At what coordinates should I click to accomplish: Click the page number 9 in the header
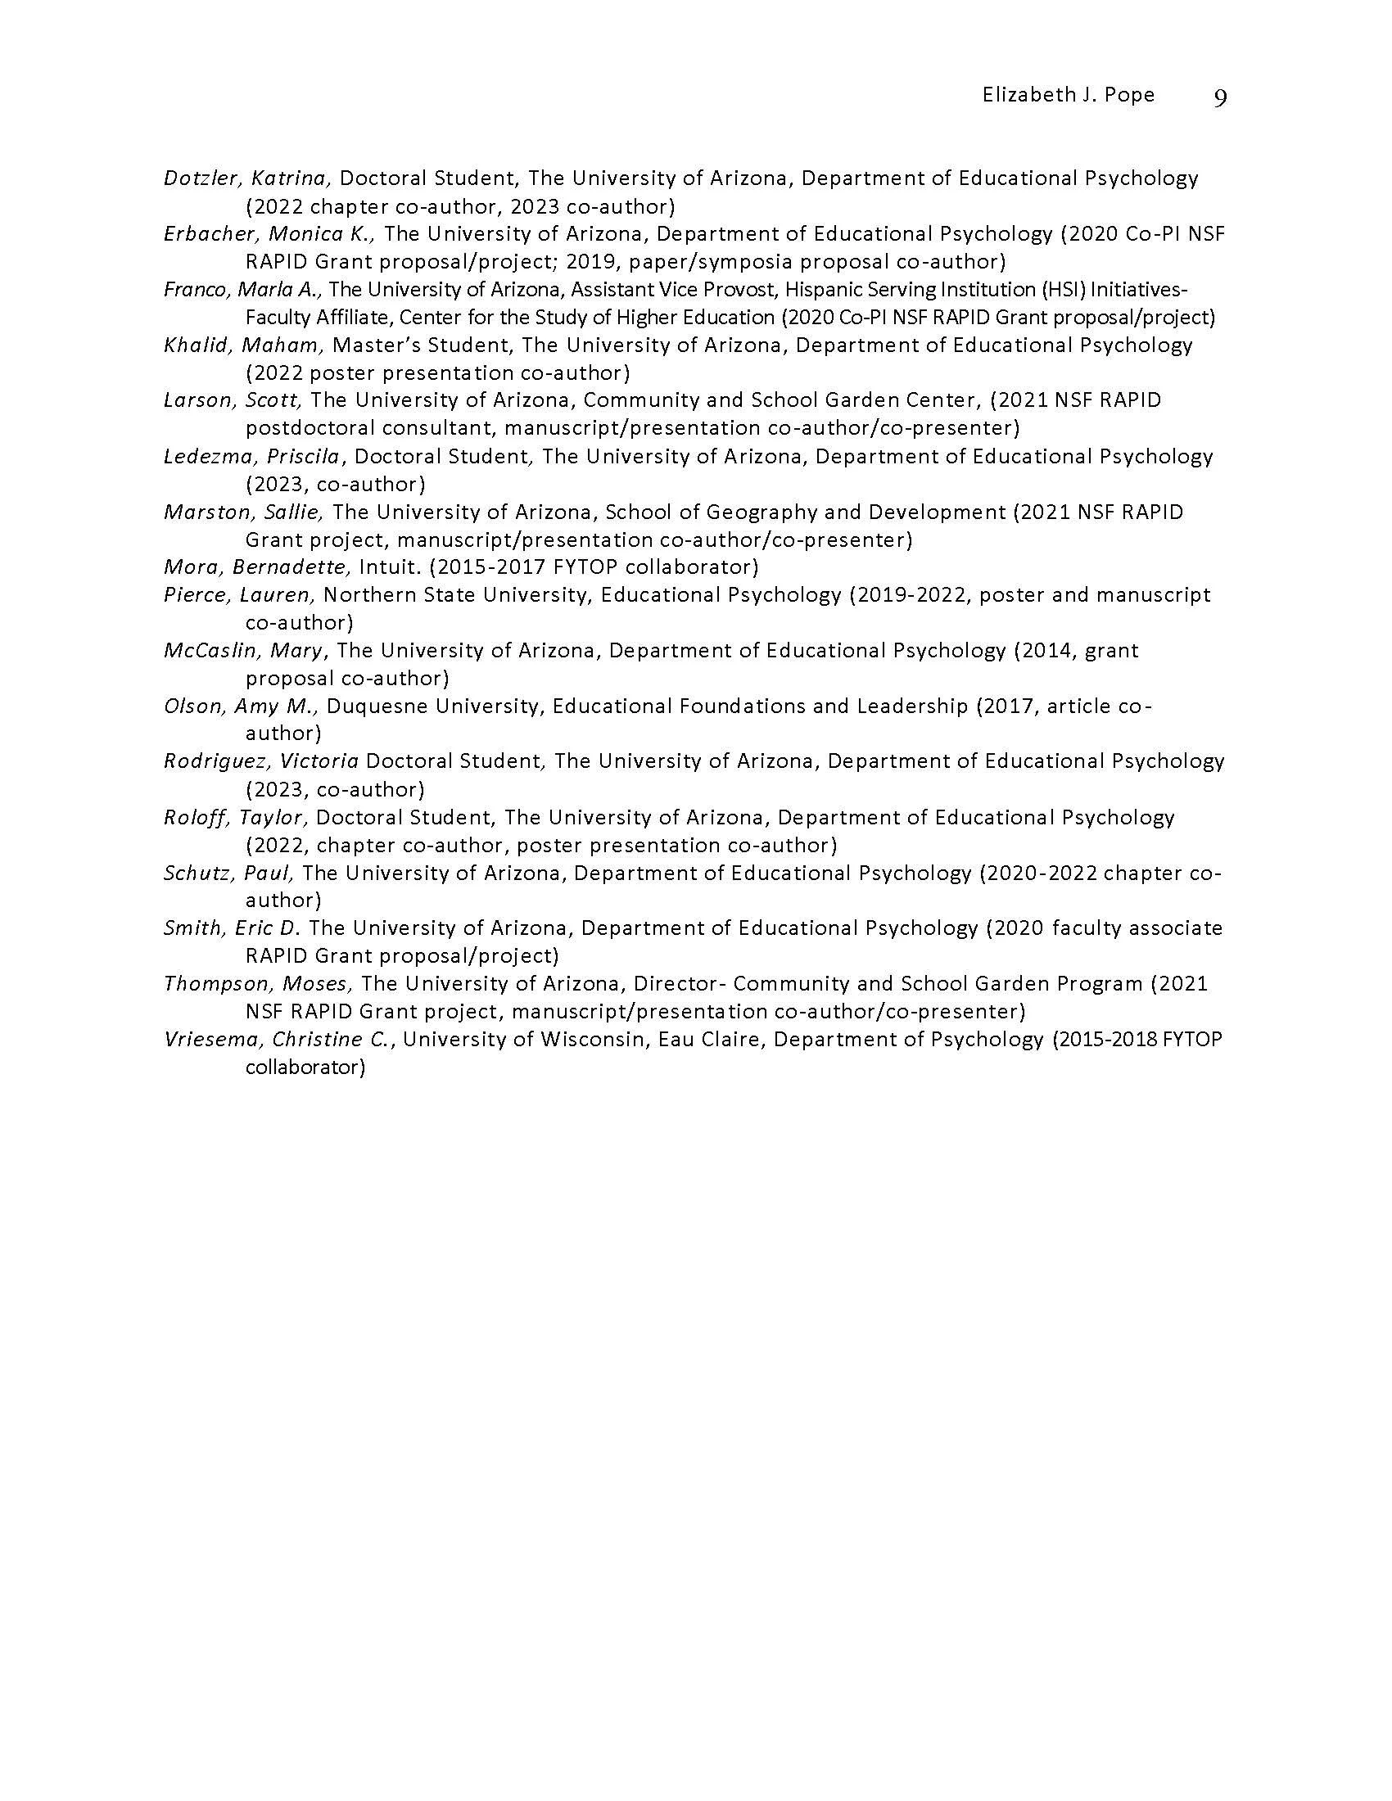coord(1221,97)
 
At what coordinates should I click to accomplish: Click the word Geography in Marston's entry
coord(758,512)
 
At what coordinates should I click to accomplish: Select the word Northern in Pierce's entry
coord(366,595)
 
